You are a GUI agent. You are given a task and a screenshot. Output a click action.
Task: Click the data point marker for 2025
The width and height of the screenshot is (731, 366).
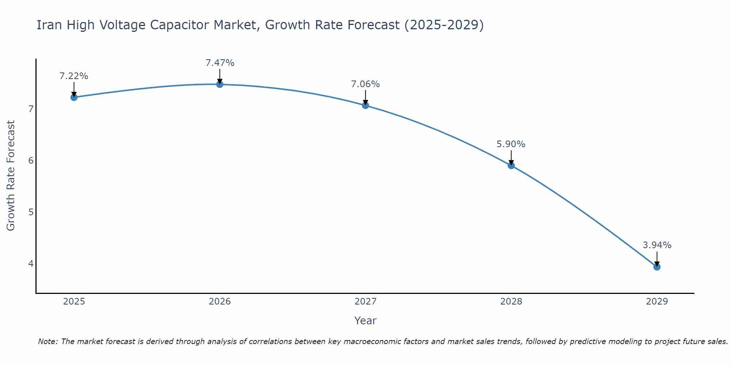(74, 97)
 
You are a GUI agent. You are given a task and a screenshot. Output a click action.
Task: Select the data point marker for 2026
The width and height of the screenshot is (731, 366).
(220, 84)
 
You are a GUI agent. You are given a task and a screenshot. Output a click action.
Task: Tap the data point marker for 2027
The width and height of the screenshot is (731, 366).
(365, 105)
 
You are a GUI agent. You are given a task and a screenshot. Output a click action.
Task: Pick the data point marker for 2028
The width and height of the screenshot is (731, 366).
(511, 165)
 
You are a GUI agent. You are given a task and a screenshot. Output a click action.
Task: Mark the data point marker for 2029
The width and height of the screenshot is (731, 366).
(657, 267)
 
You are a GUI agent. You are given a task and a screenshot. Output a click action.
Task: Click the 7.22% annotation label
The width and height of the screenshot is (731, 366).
(74, 76)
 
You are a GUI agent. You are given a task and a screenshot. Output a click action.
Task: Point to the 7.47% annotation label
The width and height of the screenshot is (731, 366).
(220, 63)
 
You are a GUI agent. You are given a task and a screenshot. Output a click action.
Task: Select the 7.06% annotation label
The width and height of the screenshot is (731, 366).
(365, 84)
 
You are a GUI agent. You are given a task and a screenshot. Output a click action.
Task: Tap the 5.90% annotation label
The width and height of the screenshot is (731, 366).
(511, 144)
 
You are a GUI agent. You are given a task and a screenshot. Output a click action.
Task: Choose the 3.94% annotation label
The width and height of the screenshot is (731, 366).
(657, 245)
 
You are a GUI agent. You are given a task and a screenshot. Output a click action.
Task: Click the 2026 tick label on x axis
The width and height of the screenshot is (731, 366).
(220, 302)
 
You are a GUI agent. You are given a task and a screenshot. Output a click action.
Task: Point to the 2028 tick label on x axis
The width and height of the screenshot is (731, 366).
(511, 302)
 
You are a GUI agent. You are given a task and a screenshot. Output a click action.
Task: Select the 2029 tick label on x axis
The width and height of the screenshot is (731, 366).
(657, 302)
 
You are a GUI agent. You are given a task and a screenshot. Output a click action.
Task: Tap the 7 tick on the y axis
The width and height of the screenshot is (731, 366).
(31, 109)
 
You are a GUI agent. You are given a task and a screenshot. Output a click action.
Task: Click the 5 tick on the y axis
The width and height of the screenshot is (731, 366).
(31, 212)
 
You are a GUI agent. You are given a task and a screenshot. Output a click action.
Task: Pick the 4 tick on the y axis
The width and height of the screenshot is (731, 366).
(31, 264)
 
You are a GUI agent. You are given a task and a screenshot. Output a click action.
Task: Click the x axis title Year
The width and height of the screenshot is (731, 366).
(365, 321)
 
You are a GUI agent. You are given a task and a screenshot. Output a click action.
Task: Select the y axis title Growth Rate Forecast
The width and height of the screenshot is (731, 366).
(11, 176)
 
